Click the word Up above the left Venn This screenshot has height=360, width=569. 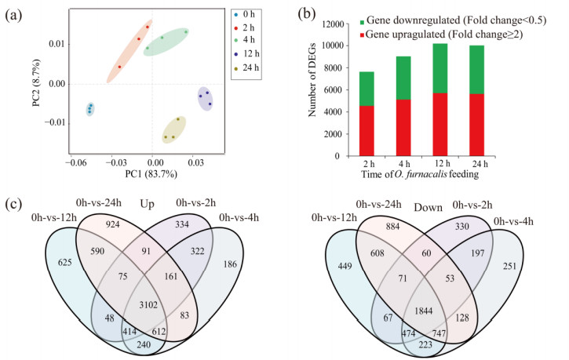coord(145,203)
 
